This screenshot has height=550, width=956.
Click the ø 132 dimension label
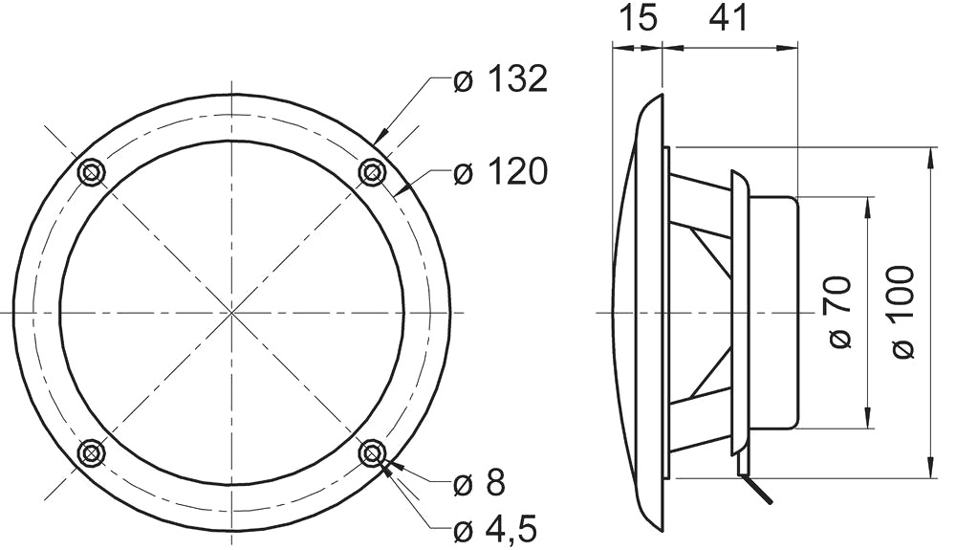(500, 79)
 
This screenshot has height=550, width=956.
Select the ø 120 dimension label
(500, 171)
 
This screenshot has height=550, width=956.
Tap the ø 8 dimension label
(479, 483)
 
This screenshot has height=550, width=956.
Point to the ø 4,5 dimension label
(495, 529)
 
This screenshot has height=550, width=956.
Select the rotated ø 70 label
(839, 312)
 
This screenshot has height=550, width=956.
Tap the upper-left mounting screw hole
(92, 172)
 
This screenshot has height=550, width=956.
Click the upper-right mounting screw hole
(371, 172)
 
